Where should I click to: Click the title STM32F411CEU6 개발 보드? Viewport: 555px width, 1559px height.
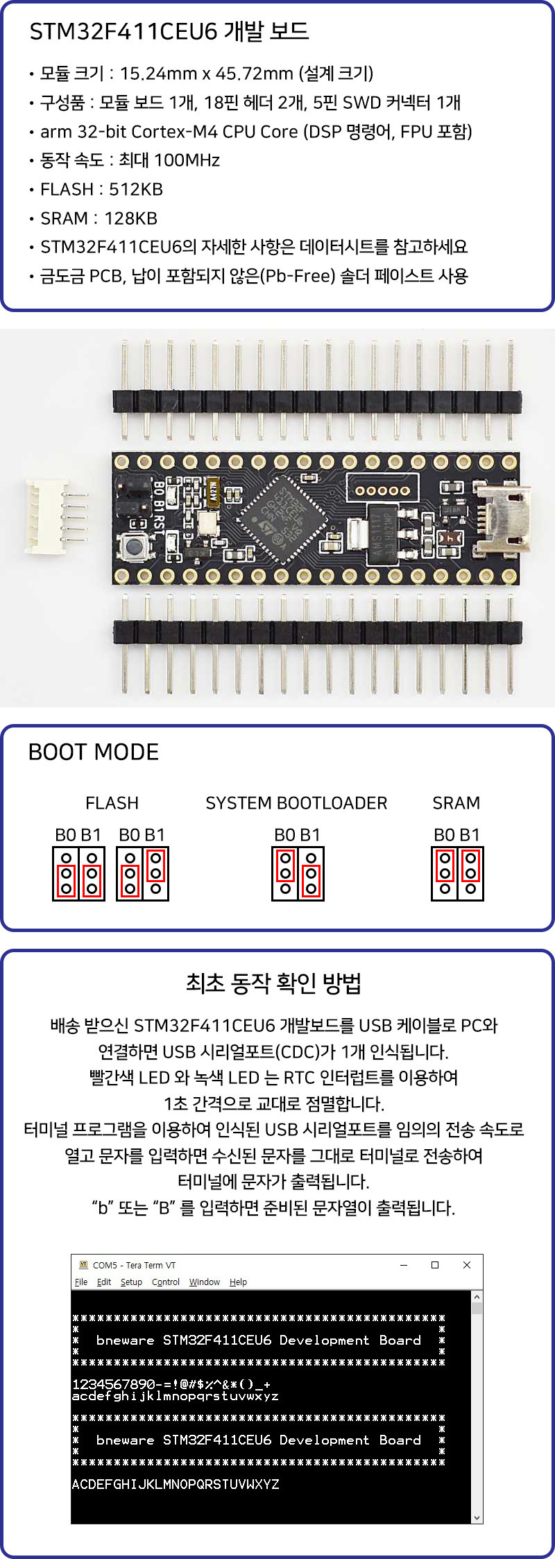[169, 31]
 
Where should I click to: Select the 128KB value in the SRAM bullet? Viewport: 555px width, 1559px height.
[130, 218]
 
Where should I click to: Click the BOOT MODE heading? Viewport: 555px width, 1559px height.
[94, 752]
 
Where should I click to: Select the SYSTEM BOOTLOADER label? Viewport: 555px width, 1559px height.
[296, 803]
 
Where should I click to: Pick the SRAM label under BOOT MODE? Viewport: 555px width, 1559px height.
[456, 803]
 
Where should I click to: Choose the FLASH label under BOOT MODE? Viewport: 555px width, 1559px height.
[112, 803]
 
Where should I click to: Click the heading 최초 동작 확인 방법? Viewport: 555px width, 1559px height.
[273, 983]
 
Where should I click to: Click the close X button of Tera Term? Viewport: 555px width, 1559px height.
[467, 1265]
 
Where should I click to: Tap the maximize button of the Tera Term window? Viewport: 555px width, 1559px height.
[435, 1265]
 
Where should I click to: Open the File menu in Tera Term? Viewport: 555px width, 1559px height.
[81, 1282]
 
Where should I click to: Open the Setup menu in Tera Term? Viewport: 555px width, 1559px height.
[131, 1282]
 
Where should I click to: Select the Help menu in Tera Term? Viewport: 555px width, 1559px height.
[238, 1282]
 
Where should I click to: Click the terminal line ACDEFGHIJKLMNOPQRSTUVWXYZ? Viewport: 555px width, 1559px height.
[176, 1484]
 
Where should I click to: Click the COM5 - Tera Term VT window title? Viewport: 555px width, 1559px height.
[134, 1265]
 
